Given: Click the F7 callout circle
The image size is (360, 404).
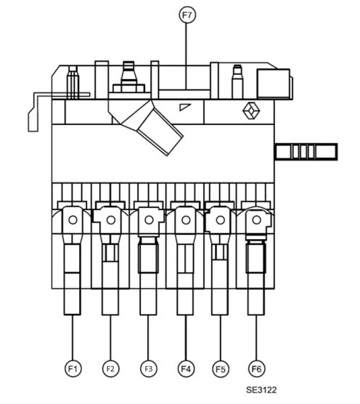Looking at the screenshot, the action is pos(187,15).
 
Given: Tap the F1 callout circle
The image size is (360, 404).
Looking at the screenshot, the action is pos(73,368).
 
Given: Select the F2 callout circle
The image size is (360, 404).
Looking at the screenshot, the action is pos(110,368).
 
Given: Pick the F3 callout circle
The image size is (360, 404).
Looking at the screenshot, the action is pos(149,368).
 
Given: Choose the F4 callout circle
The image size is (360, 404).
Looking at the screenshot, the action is pos(186,368).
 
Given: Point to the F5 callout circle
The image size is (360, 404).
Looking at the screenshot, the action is pos(220,369).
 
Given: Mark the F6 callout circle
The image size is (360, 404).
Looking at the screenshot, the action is pos(256,368).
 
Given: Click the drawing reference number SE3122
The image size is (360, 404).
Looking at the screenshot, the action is pos(261,389).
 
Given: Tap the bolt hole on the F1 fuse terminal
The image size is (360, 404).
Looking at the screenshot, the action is pos(73,220).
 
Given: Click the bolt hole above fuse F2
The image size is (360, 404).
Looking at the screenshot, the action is pos(111,220).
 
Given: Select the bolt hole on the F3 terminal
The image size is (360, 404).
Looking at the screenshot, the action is pos(149,220).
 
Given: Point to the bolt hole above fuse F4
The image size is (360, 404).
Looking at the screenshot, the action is pos(186,220).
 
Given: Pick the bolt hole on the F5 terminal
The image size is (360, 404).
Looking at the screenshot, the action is pos(220,220).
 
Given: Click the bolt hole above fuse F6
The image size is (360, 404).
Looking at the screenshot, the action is pos(256,220).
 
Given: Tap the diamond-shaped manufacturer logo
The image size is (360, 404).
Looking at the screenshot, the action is pos(251,110).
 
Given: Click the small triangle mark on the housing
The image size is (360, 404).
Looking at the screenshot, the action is pos(184,107).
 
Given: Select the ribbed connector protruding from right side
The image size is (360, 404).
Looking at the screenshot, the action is pos(306,152).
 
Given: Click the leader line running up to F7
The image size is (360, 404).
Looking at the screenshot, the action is pos(186,57).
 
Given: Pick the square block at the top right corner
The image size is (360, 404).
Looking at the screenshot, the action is pos(274,84).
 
